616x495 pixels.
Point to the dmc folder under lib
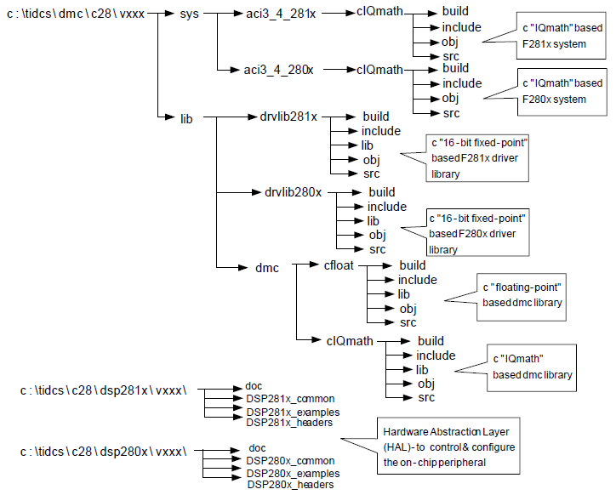267,267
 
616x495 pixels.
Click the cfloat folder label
339,265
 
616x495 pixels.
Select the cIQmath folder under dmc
349,341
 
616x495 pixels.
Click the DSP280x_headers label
289,484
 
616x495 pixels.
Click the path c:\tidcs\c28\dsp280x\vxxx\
109,448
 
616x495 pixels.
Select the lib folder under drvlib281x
368,145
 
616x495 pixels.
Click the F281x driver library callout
478,158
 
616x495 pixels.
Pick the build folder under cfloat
413,265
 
